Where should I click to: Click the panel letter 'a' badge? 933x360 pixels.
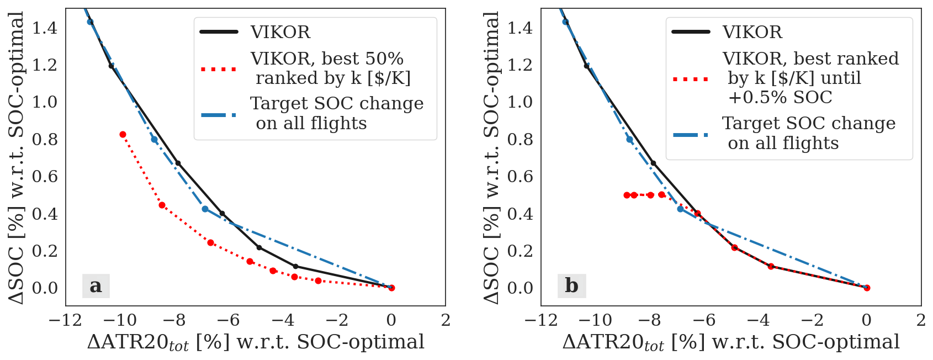(96, 286)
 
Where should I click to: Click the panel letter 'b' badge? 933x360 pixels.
(571, 286)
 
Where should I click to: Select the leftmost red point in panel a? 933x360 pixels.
(123, 135)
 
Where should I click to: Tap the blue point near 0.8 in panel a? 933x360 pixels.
(155, 139)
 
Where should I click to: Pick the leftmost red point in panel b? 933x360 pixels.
(627, 195)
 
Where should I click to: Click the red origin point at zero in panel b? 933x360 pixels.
(867, 288)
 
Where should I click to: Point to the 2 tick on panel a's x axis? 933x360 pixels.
(446, 320)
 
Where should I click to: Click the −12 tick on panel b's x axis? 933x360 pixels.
(542, 320)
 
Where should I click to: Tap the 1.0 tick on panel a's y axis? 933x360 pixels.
(45, 102)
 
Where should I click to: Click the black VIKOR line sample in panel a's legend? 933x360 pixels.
(219, 32)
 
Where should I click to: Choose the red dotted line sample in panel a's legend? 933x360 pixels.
(219, 69)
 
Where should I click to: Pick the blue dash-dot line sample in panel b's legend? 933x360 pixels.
(691, 134)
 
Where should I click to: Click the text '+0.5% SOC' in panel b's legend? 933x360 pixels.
(780, 97)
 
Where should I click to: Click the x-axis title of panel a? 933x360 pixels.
(256, 342)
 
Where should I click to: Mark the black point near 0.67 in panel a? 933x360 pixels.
(178, 163)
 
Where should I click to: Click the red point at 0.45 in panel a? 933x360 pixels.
(162, 205)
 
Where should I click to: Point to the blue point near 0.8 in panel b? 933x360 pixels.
(630, 139)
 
